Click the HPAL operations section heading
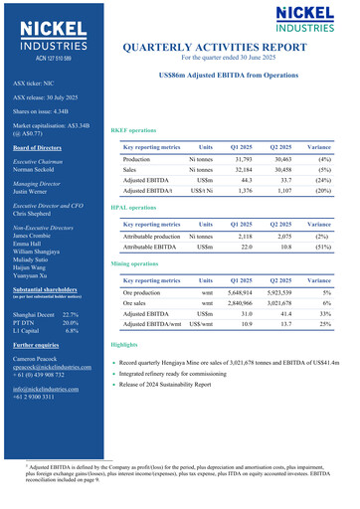pos(133,207)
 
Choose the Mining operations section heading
pos(135,264)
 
